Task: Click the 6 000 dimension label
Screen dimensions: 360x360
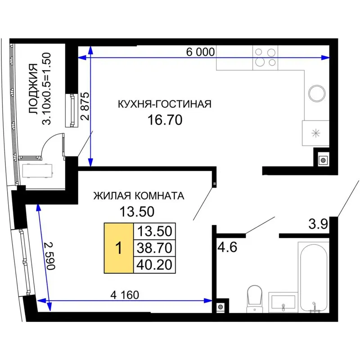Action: click(200, 52)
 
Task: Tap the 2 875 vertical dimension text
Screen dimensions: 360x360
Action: click(85, 106)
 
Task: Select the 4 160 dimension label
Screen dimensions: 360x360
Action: click(125, 295)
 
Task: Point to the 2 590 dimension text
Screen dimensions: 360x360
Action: click(50, 256)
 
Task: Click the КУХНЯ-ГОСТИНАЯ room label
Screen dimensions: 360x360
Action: click(165, 104)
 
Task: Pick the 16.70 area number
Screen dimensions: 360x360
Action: click(165, 120)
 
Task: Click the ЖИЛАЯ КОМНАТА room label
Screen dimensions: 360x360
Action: click(139, 196)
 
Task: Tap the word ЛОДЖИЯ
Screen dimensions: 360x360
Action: click(33, 89)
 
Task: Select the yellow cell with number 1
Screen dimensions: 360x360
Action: click(119, 248)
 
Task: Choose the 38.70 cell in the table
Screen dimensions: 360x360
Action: click(154, 248)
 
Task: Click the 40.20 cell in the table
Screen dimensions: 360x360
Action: click(154, 265)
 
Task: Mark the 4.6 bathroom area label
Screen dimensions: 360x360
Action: click(227, 247)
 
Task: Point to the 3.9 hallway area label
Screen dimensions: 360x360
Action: click(318, 224)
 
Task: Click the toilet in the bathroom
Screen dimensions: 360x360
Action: click(255, 299)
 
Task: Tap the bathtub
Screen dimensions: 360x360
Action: click(314, 277)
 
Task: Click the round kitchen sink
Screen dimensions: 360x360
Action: click(317, 94)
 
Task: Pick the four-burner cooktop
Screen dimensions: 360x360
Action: click(265, 58)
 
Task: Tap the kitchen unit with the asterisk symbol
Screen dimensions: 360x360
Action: click(315, 133)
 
